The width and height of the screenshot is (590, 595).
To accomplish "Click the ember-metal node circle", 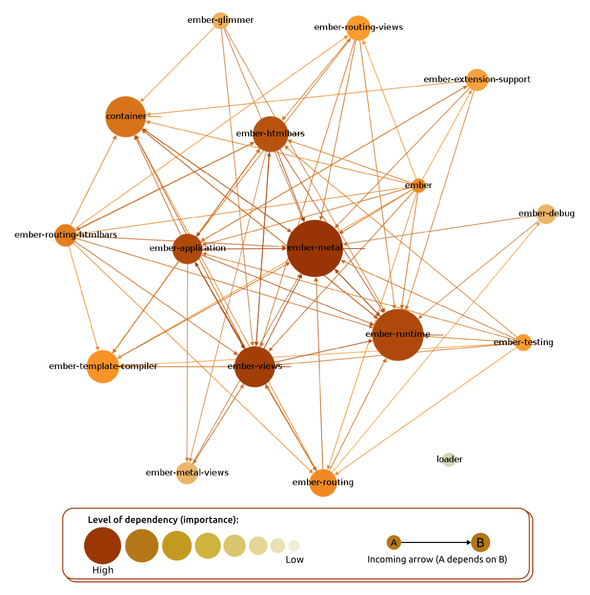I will click(315, 248).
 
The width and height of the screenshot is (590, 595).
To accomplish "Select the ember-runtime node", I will click(398, 335).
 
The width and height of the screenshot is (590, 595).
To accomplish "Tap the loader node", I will click(449, 460).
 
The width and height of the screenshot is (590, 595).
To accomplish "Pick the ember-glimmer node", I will click(221, 20).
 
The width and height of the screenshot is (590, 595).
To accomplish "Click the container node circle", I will click(126, 117).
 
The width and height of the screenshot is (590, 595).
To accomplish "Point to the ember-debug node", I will click(546, 214).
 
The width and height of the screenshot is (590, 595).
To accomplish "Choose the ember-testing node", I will click(523, 343).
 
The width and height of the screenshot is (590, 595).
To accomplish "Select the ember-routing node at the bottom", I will click(323, 483).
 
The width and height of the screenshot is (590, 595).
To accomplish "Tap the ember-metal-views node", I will click(187, 473).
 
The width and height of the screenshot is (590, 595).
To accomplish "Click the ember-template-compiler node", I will click(103, 366).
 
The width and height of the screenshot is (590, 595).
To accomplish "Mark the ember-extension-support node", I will click(477, 80).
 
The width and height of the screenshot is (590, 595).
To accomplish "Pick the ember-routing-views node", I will click(358, 28).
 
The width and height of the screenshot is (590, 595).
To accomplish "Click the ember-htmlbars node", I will click(271, 134).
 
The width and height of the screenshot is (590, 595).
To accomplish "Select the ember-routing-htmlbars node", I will click(66, 235).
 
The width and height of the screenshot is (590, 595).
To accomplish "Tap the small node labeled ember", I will click(418, 186).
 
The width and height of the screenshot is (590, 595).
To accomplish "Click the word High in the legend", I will click(102, 570).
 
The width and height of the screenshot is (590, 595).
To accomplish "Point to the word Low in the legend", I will click(294, 560).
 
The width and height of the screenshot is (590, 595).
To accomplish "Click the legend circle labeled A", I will click(394, 543).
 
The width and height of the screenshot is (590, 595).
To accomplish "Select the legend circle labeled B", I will click(481, 542).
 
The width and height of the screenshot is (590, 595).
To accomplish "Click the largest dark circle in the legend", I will click(102, 546).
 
